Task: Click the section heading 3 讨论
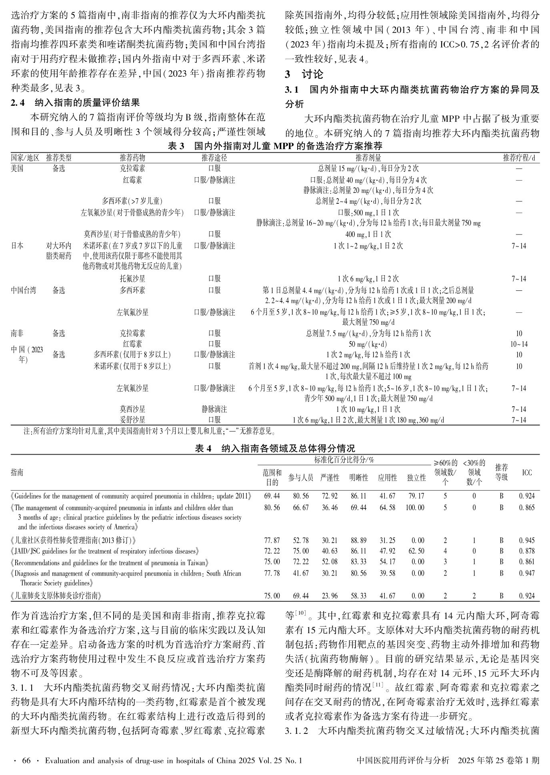pos(304,74)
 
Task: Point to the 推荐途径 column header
pos(214,158)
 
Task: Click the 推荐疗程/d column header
pos(519,158)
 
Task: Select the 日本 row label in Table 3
pos(17,246)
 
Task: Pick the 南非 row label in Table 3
pos(17,333)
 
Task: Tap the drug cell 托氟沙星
pos(132,279)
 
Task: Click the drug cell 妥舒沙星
pos(132,420)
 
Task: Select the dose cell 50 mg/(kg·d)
pos(368,344)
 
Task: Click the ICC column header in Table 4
pos(527,473)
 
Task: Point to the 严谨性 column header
pos(330,477)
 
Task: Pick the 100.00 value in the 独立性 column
pos(416,508)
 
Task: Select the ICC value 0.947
pos(527,573)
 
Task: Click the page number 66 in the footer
pos(26,761)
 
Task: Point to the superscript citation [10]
pos(300,613)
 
